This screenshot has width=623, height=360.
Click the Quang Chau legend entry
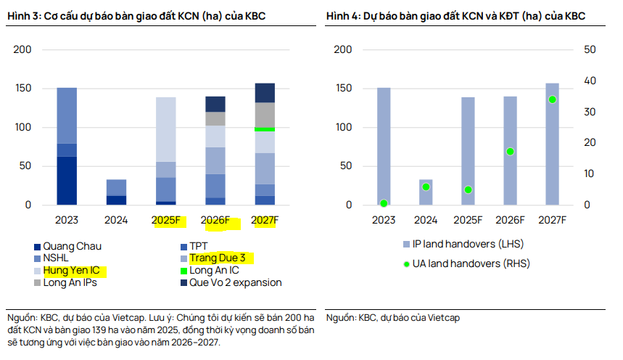point(69,246)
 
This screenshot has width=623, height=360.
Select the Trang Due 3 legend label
point(222,258)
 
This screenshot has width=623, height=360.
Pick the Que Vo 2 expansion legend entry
point(235,282)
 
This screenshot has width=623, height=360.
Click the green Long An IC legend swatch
point(182,271)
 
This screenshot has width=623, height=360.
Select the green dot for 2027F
point(552,99)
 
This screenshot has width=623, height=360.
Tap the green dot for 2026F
point(510,152)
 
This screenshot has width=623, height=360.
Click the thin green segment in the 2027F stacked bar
point(265,129)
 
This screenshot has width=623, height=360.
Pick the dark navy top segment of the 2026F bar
point(215,104)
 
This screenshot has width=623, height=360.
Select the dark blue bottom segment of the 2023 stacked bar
point(67,181)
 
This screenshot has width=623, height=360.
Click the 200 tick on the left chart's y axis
point(23,49)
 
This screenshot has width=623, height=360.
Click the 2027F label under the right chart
point(552,220)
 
